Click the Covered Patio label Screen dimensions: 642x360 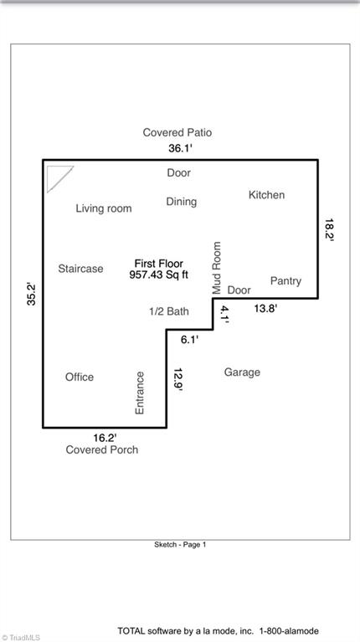[x=177, y=132]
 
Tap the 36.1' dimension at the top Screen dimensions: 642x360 [x=181, y=148]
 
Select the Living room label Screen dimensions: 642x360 [x=104, y=208]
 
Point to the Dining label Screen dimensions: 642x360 [x=181, y=202]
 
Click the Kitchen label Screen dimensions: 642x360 [x=266, y=195]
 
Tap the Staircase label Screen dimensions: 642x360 [x=81, y=269]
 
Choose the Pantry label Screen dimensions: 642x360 [x=285, y=281]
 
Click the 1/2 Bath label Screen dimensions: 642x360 [x=169, y=311]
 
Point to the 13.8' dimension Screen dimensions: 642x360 [x=265, y=309]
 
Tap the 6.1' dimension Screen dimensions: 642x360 [x=190, y=339]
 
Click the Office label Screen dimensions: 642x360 [x=80, y=377]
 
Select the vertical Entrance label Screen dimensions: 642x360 [x=140, y=392]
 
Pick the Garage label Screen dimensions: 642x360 [x=242, y=372]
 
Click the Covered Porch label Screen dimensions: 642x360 [x=102, y=449]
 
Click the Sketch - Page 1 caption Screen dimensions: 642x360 [x=180, y=544]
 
